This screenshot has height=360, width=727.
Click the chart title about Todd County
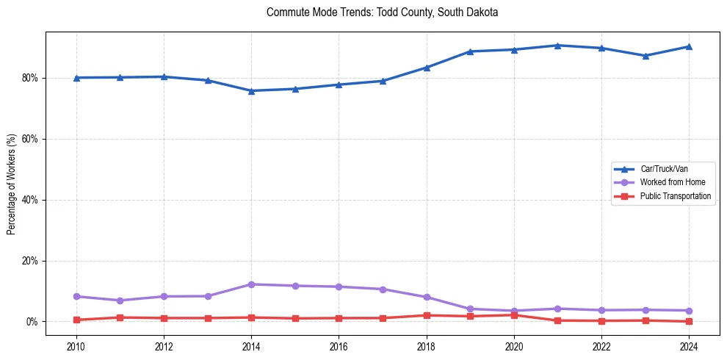click(x=383, y=12)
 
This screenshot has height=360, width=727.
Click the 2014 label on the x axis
click(x=251, y=345)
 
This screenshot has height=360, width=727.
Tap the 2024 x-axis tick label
click(x=689, y=345)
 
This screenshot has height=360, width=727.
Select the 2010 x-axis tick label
click(x=76, y=345)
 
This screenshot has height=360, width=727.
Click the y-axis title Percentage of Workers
click(x=12, y=184)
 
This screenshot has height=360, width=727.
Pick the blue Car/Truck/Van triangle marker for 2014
click(x=251, y=91)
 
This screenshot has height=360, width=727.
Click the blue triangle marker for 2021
click(x=557, y=46)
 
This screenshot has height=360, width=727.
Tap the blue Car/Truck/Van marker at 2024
click(x=689, y=46)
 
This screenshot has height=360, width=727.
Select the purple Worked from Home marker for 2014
click(x=251, y=284)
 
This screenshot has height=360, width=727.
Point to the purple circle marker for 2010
click(x=76, y=296)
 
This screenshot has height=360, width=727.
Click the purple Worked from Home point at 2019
click(x=470, y=309)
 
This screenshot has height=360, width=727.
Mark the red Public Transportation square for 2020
click(x=514, y=315)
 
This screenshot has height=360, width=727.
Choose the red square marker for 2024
click(x=689, y=321)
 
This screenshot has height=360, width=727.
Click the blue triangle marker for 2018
click(x=427, y=68)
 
